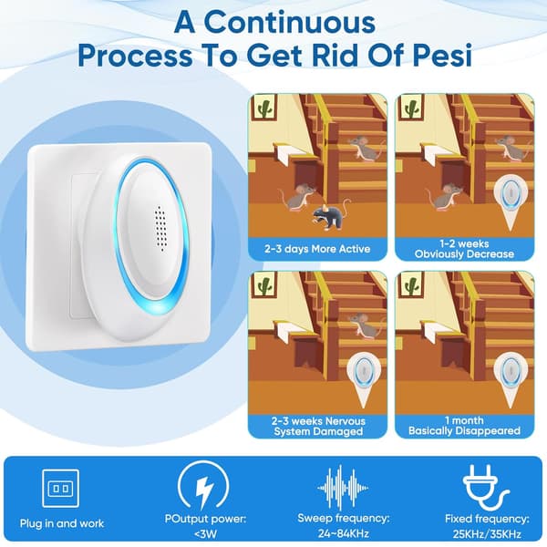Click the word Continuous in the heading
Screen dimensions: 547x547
(289, 23)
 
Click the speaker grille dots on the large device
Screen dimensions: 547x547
(160, 229)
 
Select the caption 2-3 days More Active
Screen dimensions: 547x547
(317, 249)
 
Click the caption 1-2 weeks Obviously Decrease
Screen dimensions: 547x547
(464, 249)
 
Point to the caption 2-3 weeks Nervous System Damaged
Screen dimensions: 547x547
(318, 426)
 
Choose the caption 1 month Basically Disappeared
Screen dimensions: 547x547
(464, 425)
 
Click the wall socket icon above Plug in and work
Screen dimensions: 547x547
(61, 489)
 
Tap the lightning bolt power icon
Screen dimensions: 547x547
(203, 488)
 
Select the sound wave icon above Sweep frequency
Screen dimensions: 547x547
(343, 488)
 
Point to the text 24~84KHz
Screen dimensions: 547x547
(344, 533)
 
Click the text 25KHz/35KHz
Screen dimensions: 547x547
(487, 533)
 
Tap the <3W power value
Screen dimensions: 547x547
(205, 533)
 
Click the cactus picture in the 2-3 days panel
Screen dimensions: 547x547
(263, 108)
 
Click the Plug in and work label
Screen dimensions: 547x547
(62, 523)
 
